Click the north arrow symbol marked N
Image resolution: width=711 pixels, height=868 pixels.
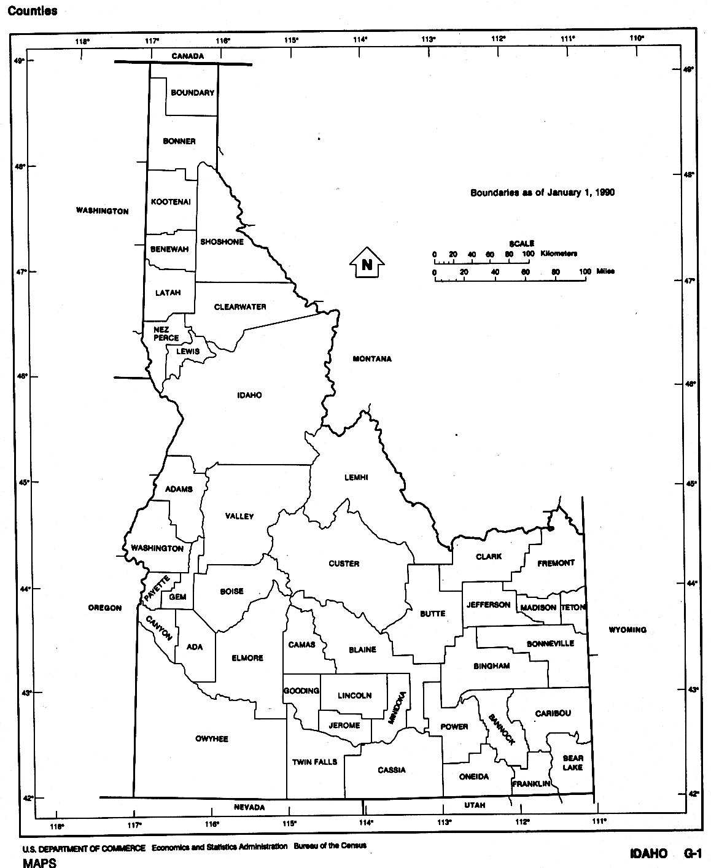tap(367, 265)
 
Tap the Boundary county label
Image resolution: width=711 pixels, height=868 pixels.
tap(192, 93)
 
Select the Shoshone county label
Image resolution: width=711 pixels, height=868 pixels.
tap(222, 242)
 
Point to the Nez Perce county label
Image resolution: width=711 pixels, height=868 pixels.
tap(166, 333)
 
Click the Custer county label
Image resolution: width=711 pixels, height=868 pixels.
tap(344, 564)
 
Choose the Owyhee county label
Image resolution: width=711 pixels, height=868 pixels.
tap(212, 738)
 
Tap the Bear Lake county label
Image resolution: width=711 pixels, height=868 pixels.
tap(573, 763)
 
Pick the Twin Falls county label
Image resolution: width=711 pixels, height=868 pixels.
tap(314, 762)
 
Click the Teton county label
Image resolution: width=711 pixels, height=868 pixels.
tap(573, 607)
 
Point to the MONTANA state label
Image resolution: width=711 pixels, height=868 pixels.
tap(372, 359)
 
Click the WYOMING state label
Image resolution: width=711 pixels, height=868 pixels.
tap(627, 630)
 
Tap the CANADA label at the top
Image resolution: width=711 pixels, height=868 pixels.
tap(187, 56)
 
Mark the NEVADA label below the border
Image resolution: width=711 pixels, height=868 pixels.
tap(250, 807)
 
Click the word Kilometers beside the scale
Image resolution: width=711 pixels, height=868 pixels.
tap(559, 254)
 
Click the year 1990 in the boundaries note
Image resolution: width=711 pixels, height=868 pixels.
tap(604, 193)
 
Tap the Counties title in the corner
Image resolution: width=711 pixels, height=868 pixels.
tap(33, 11)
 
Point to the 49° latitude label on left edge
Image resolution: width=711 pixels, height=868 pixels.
tap(20, 61)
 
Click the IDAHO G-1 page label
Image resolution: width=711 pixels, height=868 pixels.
tap(665, 854)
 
